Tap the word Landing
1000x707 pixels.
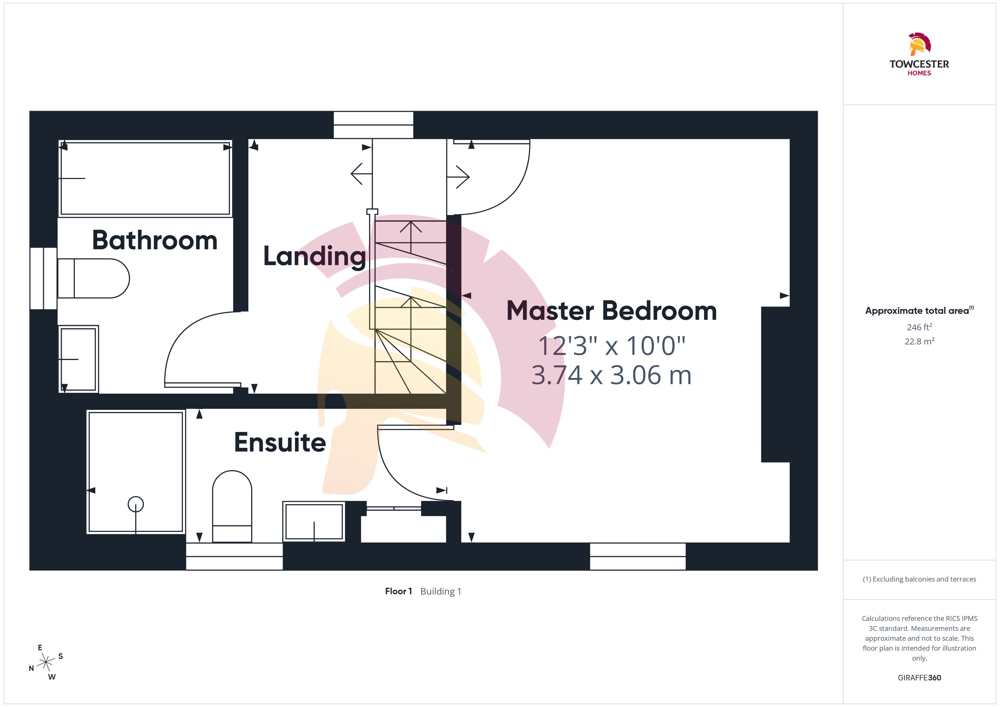[314, 257]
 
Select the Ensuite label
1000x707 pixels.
[280, 442]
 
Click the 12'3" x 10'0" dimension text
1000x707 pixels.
[611, 346]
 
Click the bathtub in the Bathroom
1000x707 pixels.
[145, 178]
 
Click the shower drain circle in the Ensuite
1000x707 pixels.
[136, 504]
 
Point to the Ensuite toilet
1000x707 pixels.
[232, 506]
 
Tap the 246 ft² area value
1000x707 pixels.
[920, 327]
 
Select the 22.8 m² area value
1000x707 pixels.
[920, 341]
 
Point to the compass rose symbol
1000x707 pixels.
[46, 663]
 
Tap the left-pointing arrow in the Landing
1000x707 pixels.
[361, 174]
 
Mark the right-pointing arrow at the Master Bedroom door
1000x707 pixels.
[458, 177]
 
